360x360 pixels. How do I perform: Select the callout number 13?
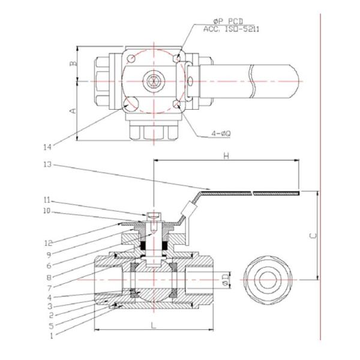tap(48, 164)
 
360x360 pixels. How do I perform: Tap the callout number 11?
tap(48, 200)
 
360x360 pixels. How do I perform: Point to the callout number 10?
tap(48, 211)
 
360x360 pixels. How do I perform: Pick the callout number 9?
tap(48, 254)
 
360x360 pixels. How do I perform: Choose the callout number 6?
tap(48, 266)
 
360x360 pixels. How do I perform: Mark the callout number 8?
tap(48, 278)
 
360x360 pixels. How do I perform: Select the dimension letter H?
tap(226, 155)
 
